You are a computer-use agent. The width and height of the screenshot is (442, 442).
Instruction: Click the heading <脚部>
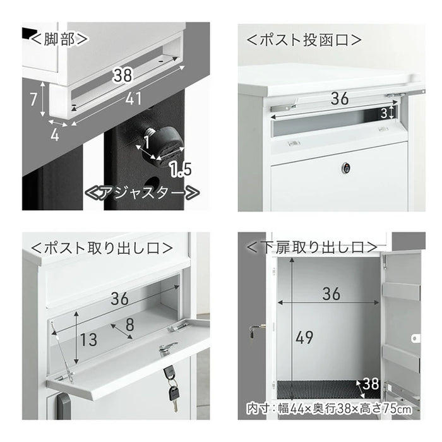coord(59,39)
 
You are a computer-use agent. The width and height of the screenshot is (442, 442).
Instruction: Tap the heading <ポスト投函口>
coord(304,40)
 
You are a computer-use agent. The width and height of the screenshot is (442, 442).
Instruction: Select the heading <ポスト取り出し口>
coord(102,248)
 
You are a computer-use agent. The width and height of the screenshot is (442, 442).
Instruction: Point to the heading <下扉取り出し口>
coord(312,248)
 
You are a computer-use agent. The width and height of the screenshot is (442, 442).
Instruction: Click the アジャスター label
coord(142,193)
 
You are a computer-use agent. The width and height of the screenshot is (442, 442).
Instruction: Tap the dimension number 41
coord(133,99)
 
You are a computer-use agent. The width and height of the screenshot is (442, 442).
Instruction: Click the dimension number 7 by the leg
coord(33,99)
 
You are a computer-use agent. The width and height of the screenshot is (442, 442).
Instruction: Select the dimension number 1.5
coord(181,170)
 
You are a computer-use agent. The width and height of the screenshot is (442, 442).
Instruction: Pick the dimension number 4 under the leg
coord(55,135)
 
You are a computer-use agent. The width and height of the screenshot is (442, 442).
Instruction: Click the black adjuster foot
coord(164,143)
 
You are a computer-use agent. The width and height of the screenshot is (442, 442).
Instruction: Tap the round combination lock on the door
coord(345,169)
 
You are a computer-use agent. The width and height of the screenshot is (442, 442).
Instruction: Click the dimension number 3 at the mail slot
coord(384,113)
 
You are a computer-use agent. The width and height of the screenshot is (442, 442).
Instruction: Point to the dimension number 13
coord(88,340)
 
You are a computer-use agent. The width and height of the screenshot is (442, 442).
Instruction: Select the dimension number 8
coord(129,325)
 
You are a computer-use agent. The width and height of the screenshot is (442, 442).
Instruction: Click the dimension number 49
coord(304,337)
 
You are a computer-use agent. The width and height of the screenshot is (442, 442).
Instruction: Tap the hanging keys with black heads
coord(171,386)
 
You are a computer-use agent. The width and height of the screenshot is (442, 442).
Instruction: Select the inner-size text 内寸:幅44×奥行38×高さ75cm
coord(329,409)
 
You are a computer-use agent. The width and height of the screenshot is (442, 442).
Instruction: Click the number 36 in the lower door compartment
coord(331,294)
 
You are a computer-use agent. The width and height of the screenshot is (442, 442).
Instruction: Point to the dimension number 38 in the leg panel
coord(122,75)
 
